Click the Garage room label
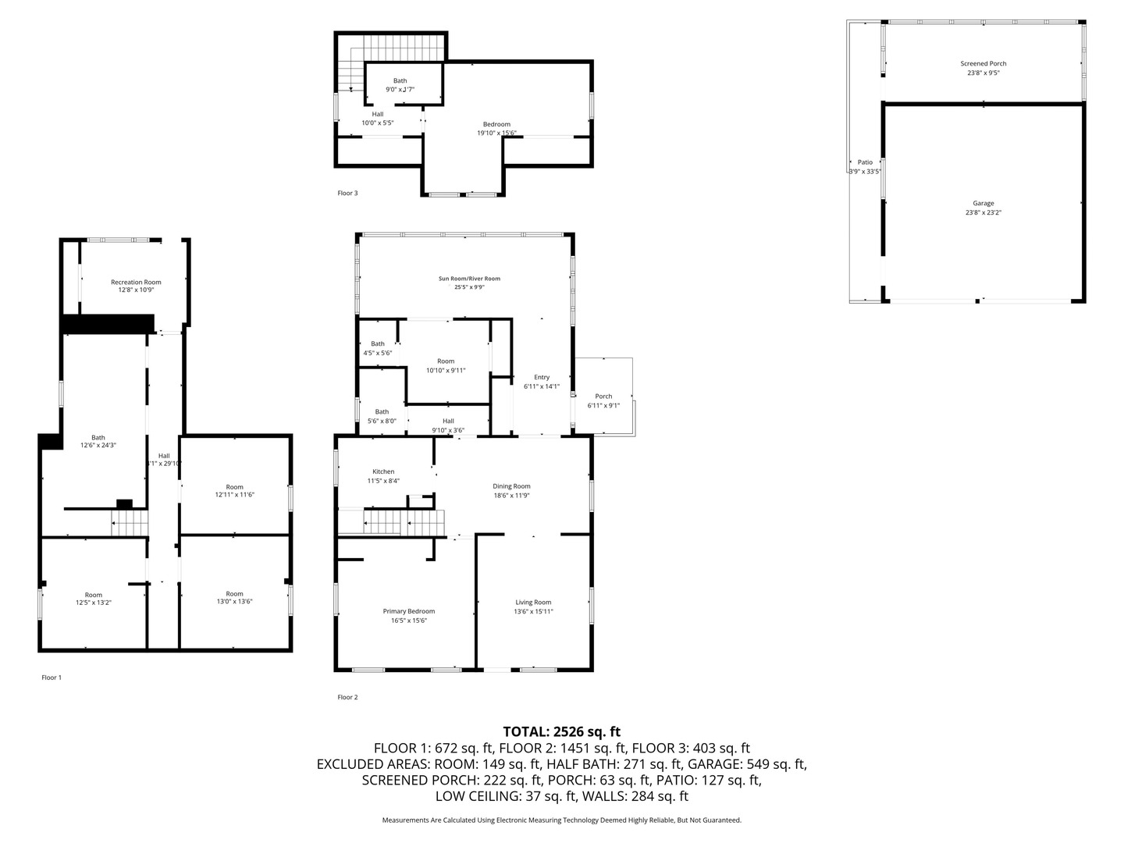coord(983,204)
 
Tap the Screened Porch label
coord(983,64)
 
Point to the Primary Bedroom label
coord(408,611)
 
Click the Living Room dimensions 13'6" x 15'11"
coord(533,611)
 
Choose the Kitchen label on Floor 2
coord(383,471)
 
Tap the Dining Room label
coord(511,486)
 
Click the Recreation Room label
coord(136,283)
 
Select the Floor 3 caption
coord(347,193)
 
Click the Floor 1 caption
coord(52,678)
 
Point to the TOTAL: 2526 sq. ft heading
coord(561,731)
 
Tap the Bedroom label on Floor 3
coord(496,124)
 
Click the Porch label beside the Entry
coord(603,397)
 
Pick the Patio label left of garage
coord(865,162)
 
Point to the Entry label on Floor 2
coord(542,378)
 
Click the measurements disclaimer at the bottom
coord(561,820)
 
